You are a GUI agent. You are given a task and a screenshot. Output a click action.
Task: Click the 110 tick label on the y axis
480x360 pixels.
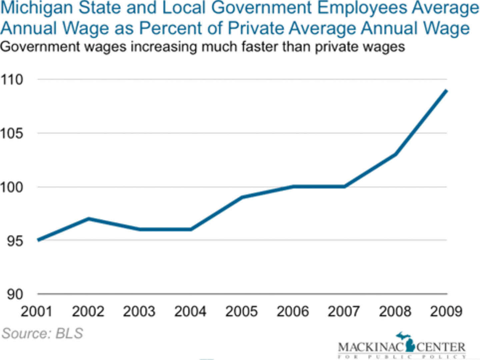coord(12,80)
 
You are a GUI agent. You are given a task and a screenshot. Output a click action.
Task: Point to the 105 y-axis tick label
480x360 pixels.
coord(12,133)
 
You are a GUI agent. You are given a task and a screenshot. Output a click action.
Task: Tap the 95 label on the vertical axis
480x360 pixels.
coord(15,241)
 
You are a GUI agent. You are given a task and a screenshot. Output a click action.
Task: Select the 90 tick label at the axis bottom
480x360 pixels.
coord(15,294)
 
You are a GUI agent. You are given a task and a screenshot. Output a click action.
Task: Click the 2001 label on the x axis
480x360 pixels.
coord(37,312)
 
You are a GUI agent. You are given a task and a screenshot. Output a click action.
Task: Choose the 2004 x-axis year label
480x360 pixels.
coord(190,312)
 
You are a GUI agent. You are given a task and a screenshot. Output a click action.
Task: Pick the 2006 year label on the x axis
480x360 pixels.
coord(293,312)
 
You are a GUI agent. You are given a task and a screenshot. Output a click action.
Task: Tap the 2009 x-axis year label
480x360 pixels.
coord(446,312)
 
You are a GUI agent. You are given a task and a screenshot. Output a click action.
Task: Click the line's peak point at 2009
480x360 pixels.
coord(446,91)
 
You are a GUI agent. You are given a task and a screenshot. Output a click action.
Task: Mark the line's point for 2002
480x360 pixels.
coord(88,219)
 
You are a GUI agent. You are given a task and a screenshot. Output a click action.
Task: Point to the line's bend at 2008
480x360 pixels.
coord(395,154)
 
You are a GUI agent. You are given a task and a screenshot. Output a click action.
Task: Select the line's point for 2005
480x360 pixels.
coord(242,197)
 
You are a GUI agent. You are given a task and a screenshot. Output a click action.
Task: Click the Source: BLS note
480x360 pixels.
coord(42,333)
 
